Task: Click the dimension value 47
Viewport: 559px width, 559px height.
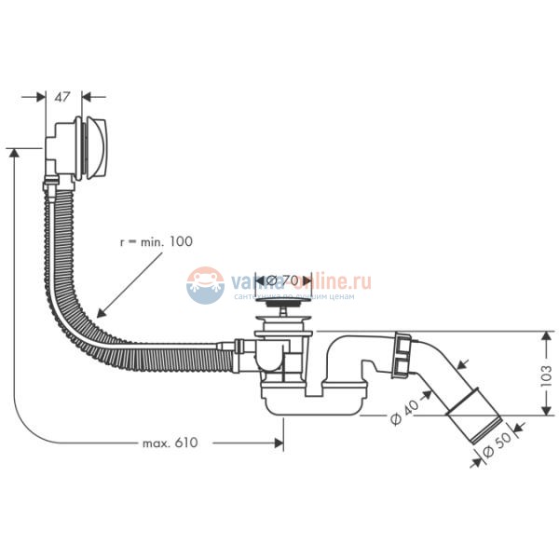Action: [62, 97]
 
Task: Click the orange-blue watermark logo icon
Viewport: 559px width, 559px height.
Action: [205, 284]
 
